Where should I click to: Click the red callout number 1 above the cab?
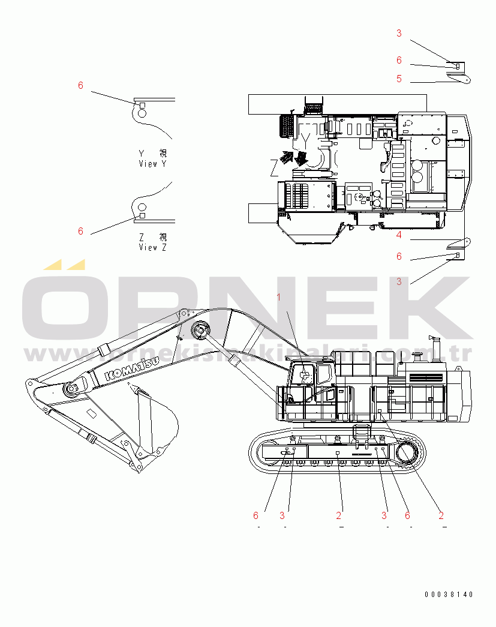pyautogui.click(x=278, y=296)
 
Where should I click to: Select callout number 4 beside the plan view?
pyautogui.click(x=399, y=235)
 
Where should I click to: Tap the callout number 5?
pyautogui.click(x=399, y=79)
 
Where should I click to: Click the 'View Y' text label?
pyautogui.click(x=152, y=164)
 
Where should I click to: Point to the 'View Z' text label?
pyautogui.click(x=152, y=247)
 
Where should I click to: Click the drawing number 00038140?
pyautogui.click(x=449, y=595)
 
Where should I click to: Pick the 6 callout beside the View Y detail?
pyautogui.click(x=81, y=85)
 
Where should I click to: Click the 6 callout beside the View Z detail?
pyautogui.click(x=81, y=231)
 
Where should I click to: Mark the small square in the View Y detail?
pyautogui.click(x=142, y=106)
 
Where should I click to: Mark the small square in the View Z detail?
pyautogui.click(x=142, y=215)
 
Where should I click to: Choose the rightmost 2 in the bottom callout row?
pyautogui.click(x=441, y=515)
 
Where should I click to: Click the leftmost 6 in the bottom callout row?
pyautogui.click(x=256, y=515)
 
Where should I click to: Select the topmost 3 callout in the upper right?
pyautogui.click(x=399, y=34)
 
